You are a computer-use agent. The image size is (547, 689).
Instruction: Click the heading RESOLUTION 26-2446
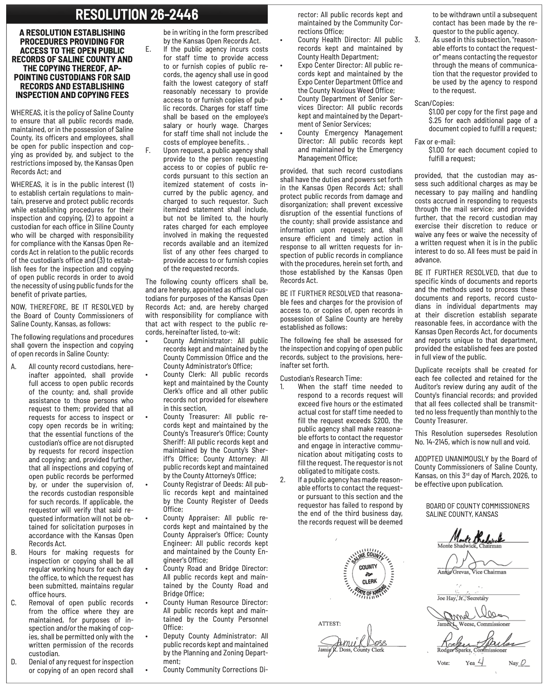pyautogui.click(x=137, y=15)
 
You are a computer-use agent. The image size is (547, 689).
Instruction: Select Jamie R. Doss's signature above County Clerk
pyautogui.click(x=357, y=642)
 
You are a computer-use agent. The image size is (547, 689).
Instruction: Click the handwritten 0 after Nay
pyautogui.click(x=523, y=674)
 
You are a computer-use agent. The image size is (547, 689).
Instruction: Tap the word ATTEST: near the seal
pyautogui.click(x=329, y=624)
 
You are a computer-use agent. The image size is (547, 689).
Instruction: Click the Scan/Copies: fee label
pyautogui.click(x=434, y=103)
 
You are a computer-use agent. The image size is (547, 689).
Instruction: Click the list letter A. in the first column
pyautogui.click(x=14, y=366)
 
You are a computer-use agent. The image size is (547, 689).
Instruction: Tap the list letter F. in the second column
pyautogui.click(x=148, y=151)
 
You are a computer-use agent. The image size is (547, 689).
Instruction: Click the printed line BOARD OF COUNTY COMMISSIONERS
pyautogui.click(x=478, y=506)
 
